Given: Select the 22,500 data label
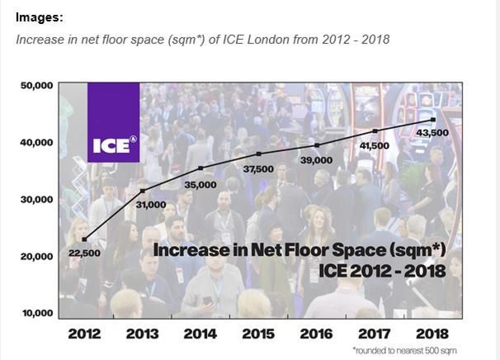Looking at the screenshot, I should (x=83, y=253).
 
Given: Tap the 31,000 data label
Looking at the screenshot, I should (x=150, y=204).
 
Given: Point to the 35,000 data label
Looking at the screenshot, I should (x=200, y=185).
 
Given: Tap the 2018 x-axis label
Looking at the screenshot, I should (x=432, y=334).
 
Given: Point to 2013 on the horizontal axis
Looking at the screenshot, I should (x=142, y=334).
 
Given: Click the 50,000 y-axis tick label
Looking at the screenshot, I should (x=36, y=85).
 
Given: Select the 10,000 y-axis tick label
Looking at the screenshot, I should (x=36, y=313).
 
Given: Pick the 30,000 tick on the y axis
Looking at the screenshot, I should (x=36, y=199).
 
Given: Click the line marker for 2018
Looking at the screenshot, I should (x=434, y=121).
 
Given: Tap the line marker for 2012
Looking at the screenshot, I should (x=84, y=239).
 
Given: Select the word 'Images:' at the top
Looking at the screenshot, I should (x=39, y=17).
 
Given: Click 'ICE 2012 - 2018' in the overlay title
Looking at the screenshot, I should (x=382, y=270).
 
